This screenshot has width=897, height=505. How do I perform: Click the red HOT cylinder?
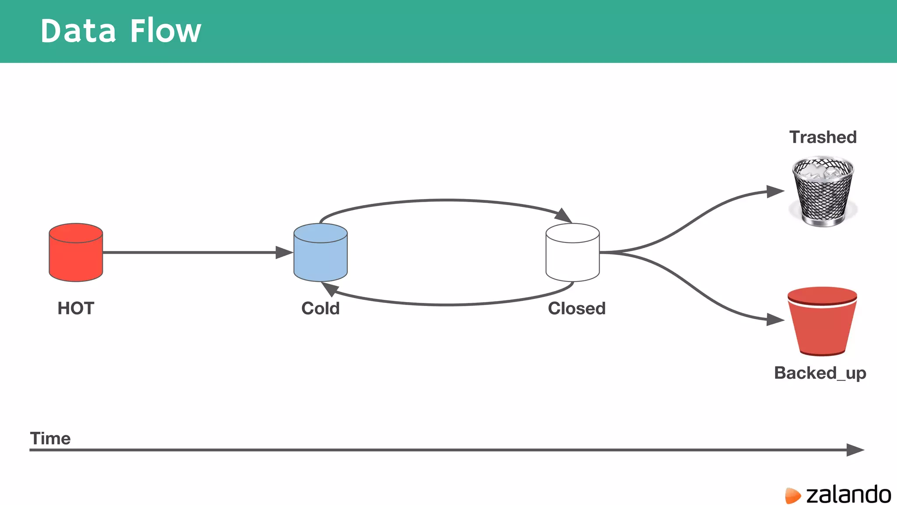[x=76, y=252]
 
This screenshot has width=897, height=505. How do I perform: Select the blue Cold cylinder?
[x=320, y=252]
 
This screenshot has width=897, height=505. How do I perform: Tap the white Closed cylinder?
[x=572, y=252]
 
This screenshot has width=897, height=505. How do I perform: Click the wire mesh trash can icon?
[x=823, y=191]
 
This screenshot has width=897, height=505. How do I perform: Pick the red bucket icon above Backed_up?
[x=822, y=321]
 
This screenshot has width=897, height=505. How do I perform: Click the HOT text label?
[x=76, y=308]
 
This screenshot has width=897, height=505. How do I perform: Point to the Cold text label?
[x=320, y=308]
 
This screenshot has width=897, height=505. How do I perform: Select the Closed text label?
[x=576, y=308]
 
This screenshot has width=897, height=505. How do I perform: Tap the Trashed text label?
[x=823, y=137]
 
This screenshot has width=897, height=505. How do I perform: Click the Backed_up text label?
[x=820, y=373]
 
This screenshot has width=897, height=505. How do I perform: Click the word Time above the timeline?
[x=50, y=438]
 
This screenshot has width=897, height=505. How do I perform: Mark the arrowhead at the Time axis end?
[x=855, y=450]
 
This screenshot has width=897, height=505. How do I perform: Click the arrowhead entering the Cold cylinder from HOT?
[x=284, y=252]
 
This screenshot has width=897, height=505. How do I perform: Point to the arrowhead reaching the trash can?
[x=775, y=192]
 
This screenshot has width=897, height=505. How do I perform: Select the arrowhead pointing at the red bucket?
[x=775, y=320]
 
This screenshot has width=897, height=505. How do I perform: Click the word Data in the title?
[x=78, y=31]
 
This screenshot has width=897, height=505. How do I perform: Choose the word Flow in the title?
[x=166, y=31]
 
